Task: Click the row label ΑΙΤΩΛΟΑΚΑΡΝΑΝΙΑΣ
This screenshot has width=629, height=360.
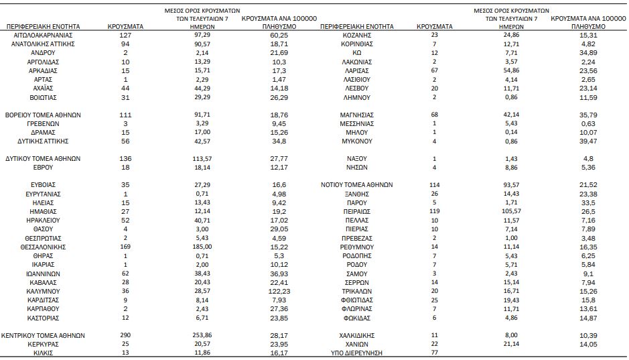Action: [x=43, y=36]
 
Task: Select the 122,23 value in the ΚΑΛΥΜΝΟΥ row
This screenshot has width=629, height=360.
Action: [x=279, y=292]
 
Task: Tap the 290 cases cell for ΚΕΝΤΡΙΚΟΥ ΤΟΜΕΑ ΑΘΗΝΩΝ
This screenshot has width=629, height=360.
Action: [x=125, y=335]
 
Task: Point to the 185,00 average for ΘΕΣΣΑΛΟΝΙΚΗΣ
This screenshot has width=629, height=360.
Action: [x=202, y=247]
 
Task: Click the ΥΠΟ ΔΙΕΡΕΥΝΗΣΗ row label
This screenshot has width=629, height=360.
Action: [x=356, y=353]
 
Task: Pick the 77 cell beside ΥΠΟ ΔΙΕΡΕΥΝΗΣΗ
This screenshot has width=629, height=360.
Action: [x=435, y=353]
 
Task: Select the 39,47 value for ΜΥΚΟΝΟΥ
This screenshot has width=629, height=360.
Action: [x=588, y=141]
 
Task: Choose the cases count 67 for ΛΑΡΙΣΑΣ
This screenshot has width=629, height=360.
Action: [x=435, y=70]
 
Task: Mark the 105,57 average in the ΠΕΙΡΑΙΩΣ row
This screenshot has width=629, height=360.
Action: [x=511, y=211]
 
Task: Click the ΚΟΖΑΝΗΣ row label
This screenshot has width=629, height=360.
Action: [x=356, y=36]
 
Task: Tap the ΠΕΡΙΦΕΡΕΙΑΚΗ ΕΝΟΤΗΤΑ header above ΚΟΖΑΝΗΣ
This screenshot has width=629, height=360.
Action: [x=357, y=27]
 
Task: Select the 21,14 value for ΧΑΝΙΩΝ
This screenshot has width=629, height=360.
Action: [x=511, y=344]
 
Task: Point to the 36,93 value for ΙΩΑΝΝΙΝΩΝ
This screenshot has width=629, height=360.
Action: [x=279, y=274]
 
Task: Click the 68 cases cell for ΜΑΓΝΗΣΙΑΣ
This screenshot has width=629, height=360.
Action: [x=435, y=115]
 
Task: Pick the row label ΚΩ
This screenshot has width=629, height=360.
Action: [x=356, y=53]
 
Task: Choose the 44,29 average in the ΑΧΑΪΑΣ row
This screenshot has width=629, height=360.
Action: [x=202, y=88]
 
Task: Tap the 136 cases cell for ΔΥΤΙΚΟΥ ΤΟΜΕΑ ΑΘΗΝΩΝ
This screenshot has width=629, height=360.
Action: [x=125, y=158]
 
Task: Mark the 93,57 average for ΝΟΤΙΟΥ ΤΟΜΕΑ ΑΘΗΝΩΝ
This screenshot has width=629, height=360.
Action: [x=511, y=184]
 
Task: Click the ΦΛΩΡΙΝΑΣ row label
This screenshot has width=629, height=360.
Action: [x=356, y=309]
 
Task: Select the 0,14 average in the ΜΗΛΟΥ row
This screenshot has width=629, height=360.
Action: [x=511, y=132]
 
